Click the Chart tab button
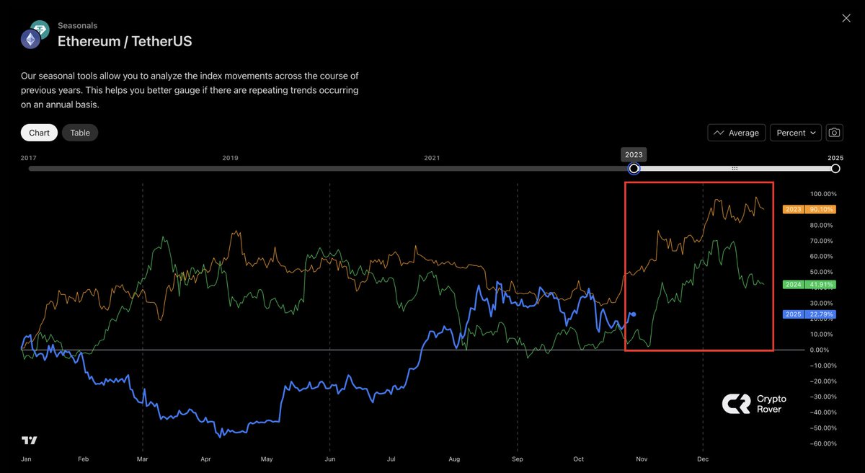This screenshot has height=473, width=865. coord(39,133)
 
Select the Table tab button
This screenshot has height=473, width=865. coord(80,133)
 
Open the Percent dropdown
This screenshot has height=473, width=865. coord(796,133)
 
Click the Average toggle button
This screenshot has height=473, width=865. coord(736,133)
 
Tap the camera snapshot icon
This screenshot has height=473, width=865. coord(834,133)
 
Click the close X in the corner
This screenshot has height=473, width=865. coord(846,18)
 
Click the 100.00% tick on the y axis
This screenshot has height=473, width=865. coord(822,194)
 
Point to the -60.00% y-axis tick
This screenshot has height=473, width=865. coord(822,443)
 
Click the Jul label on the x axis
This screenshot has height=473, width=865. coord(391,459)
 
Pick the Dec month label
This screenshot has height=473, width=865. coord(703,459)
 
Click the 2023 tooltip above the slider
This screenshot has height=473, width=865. coord(634,154)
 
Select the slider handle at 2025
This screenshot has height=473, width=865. coord(835,169)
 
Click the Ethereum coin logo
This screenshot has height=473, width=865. coord(30,40)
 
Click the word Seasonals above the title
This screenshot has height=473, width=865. coord(77,25)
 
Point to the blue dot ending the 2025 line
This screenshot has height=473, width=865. coord(633,314)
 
